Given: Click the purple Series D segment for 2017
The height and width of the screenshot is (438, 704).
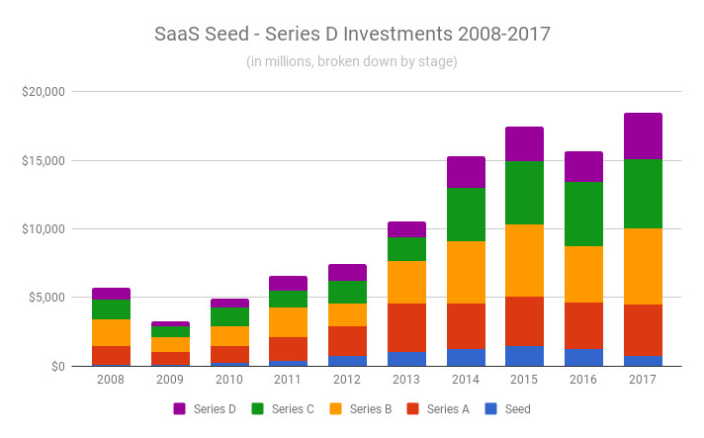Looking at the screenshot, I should click(643, 135).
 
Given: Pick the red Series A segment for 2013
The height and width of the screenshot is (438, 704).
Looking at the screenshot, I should click(406, 327).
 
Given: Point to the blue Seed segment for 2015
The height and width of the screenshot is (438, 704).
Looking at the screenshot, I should click(524, 356).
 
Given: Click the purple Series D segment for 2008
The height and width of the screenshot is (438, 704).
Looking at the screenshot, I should click(111, 294).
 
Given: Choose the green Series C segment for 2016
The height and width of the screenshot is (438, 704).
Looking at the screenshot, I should click(583, 214).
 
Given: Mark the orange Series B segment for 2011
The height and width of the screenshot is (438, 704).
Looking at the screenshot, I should click(288, 322).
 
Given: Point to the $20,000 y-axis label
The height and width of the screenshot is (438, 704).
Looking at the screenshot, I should click(43, 92).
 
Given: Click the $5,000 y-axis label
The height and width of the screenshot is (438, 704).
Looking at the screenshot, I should click(45, 298).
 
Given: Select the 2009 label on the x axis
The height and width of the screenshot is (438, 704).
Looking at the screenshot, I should click(170, 379).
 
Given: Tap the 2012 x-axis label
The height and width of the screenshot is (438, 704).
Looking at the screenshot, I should click(347, 379).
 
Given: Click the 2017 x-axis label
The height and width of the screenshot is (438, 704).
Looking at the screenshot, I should click(643, 379).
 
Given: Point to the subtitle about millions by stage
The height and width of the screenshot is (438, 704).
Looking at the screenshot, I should click(352, 61).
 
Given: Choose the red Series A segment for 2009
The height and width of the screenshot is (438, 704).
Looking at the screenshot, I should click(170, 359).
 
